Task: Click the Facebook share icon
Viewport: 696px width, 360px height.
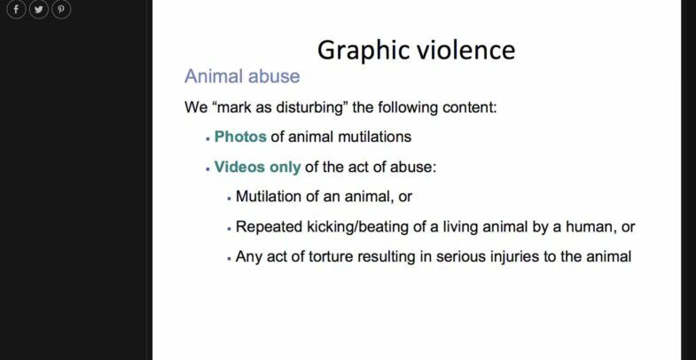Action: pyautogui.click(x=16, y=9)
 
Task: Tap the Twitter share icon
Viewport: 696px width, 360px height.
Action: pyautogui.click(x=39, y=9)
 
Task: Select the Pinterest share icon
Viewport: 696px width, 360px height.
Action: pyautogui.click(x=61, y=9)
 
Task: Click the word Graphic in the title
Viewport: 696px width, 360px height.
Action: pyautogui.click(x=364, y=51)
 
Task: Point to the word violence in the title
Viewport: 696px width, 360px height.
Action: pyautogui.click(x=466, y=50)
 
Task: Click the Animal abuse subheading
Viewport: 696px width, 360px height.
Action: pyautogui.click(x=242, y=76)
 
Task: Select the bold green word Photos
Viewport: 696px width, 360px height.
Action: pyautogui.click(x=240, y=137)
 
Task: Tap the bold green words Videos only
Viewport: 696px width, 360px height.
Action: pyautogui.click(x=257, y=167)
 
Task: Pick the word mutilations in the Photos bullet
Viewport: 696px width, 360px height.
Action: pyautogui.click(x=374, y=137)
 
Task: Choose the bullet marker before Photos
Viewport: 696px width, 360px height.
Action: pyautogui.click(x=207, y=139)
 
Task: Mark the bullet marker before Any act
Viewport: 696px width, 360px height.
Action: pyautogui.click(x=229, y=259)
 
